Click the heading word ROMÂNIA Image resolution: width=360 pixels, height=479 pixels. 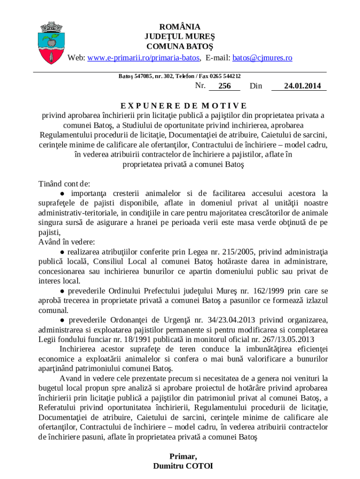[x=180, y=27]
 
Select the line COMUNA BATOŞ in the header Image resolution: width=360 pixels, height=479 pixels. [x=180, y=47]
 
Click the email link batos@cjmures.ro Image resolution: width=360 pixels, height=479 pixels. [x=262, y=58]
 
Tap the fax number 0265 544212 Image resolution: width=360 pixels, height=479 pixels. [x=226, y=76]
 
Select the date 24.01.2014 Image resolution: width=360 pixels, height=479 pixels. [x=299, y=86]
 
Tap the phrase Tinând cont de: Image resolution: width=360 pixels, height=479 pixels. [x=64, y=184]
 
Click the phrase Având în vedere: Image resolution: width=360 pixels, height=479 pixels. [x=66, y=242]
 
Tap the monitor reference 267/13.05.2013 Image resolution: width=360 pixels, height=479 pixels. [x=283, y=340]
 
